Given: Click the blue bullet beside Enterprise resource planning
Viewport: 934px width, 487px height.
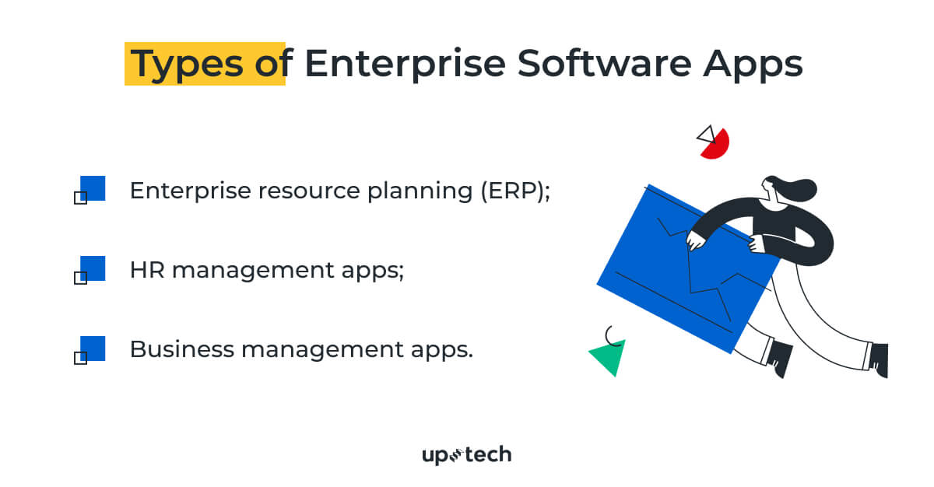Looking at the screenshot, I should (92, 188).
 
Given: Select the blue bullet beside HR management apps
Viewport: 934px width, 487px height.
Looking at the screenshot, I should (92, 268).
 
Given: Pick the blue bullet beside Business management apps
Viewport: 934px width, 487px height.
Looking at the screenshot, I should (92, 349).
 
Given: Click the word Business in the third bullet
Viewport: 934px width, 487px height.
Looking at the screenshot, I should (181, 349).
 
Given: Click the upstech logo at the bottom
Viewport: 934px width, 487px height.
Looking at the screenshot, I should (466, 454).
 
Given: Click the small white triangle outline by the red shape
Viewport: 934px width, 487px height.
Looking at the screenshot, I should (706, 134).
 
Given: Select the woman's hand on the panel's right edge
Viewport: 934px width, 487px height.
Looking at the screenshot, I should (757, 244).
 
